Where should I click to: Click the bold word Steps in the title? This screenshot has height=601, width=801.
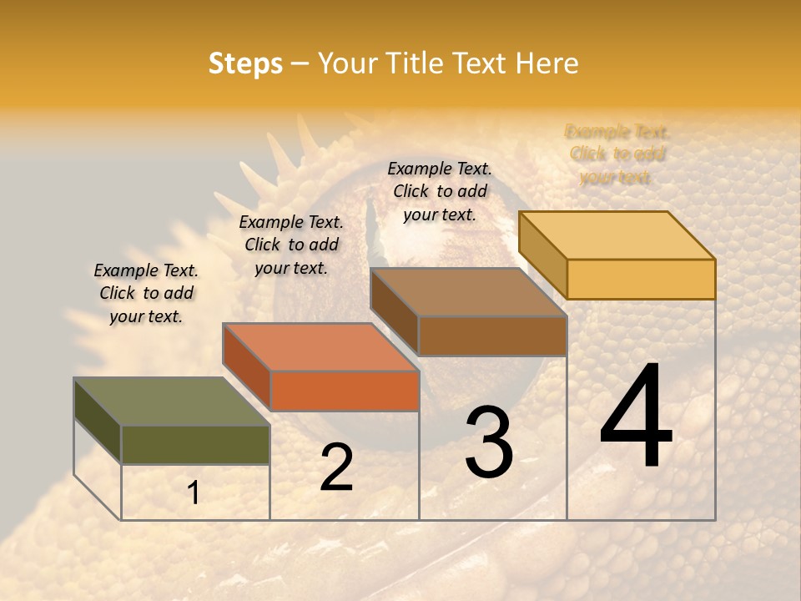coord(245,63)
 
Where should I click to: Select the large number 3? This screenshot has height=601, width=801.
coord(488,442)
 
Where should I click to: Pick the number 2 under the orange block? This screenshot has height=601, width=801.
coord(336,467)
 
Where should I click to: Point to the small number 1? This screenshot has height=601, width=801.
coord(193,493)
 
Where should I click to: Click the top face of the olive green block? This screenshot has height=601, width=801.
coord(171,402)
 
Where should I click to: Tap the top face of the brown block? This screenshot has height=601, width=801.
coord(468,292)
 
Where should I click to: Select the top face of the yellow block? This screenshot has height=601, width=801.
coord(617,235)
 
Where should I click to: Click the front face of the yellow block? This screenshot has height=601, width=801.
coord(641,279)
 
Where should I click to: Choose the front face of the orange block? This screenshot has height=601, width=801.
coord(345,391)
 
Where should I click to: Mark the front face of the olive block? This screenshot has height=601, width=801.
coord(195,445)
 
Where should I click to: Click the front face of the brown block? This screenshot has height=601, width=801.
coord(492,336)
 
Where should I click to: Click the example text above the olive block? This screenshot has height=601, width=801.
coord(146,293)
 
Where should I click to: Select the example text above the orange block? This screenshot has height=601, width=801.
coord(291,245)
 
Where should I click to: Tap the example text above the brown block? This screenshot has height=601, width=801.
coord(440,191)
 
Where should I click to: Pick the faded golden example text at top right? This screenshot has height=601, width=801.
coord(617,154)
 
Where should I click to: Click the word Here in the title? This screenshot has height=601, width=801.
coord(547,63)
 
